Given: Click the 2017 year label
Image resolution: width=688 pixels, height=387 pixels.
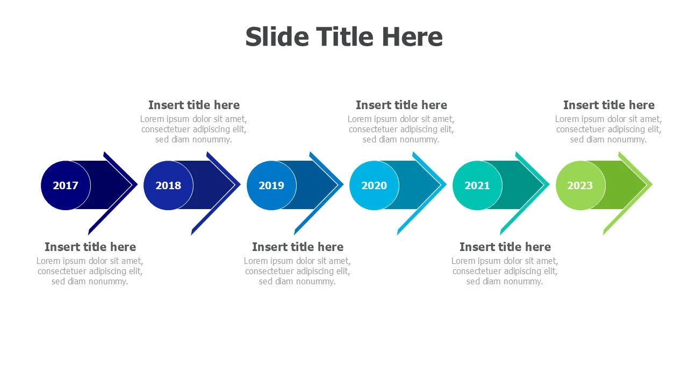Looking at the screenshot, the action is [x=66, y=185].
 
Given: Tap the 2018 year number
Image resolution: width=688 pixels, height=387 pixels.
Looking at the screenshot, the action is [x=168, y=185].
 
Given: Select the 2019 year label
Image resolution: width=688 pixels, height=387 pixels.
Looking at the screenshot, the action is [x=271, y=185].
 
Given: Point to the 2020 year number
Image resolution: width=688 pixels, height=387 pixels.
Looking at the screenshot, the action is [x=374, y=185].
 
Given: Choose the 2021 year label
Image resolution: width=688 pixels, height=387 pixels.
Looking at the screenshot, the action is [x=477, y=185].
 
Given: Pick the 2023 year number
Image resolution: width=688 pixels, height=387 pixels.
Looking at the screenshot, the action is [x=580, y=185].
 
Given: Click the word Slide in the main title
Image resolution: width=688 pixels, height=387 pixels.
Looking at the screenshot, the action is [x=277, y=37].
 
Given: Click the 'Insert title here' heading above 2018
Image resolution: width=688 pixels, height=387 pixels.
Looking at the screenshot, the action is [x=194, y=105].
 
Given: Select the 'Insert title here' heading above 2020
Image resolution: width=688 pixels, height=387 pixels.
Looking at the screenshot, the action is [x=402, y=105].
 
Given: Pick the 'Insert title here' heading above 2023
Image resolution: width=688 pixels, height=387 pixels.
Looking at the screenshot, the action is [x=609, y=105].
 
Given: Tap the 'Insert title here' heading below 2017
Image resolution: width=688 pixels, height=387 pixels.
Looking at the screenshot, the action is [x=90, y=247].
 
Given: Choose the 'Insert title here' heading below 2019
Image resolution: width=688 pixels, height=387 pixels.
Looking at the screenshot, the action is [x=298, y=247].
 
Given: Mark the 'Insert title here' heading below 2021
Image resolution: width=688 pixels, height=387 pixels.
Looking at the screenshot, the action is [x=505, y=247].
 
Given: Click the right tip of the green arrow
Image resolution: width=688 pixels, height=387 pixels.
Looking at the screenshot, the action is [x=652, y=184].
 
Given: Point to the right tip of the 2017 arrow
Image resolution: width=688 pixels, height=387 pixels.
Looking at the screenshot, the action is [x=137, y=184].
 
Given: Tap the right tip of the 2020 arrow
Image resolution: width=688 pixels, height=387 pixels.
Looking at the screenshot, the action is [x=446, y=184].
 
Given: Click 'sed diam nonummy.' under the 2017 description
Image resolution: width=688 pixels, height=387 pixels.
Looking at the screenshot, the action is [x=90, y=281].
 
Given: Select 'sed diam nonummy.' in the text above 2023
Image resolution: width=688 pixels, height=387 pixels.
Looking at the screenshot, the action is [x=608, y=139].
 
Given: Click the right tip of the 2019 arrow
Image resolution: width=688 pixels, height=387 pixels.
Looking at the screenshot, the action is [x=343, y=184].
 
